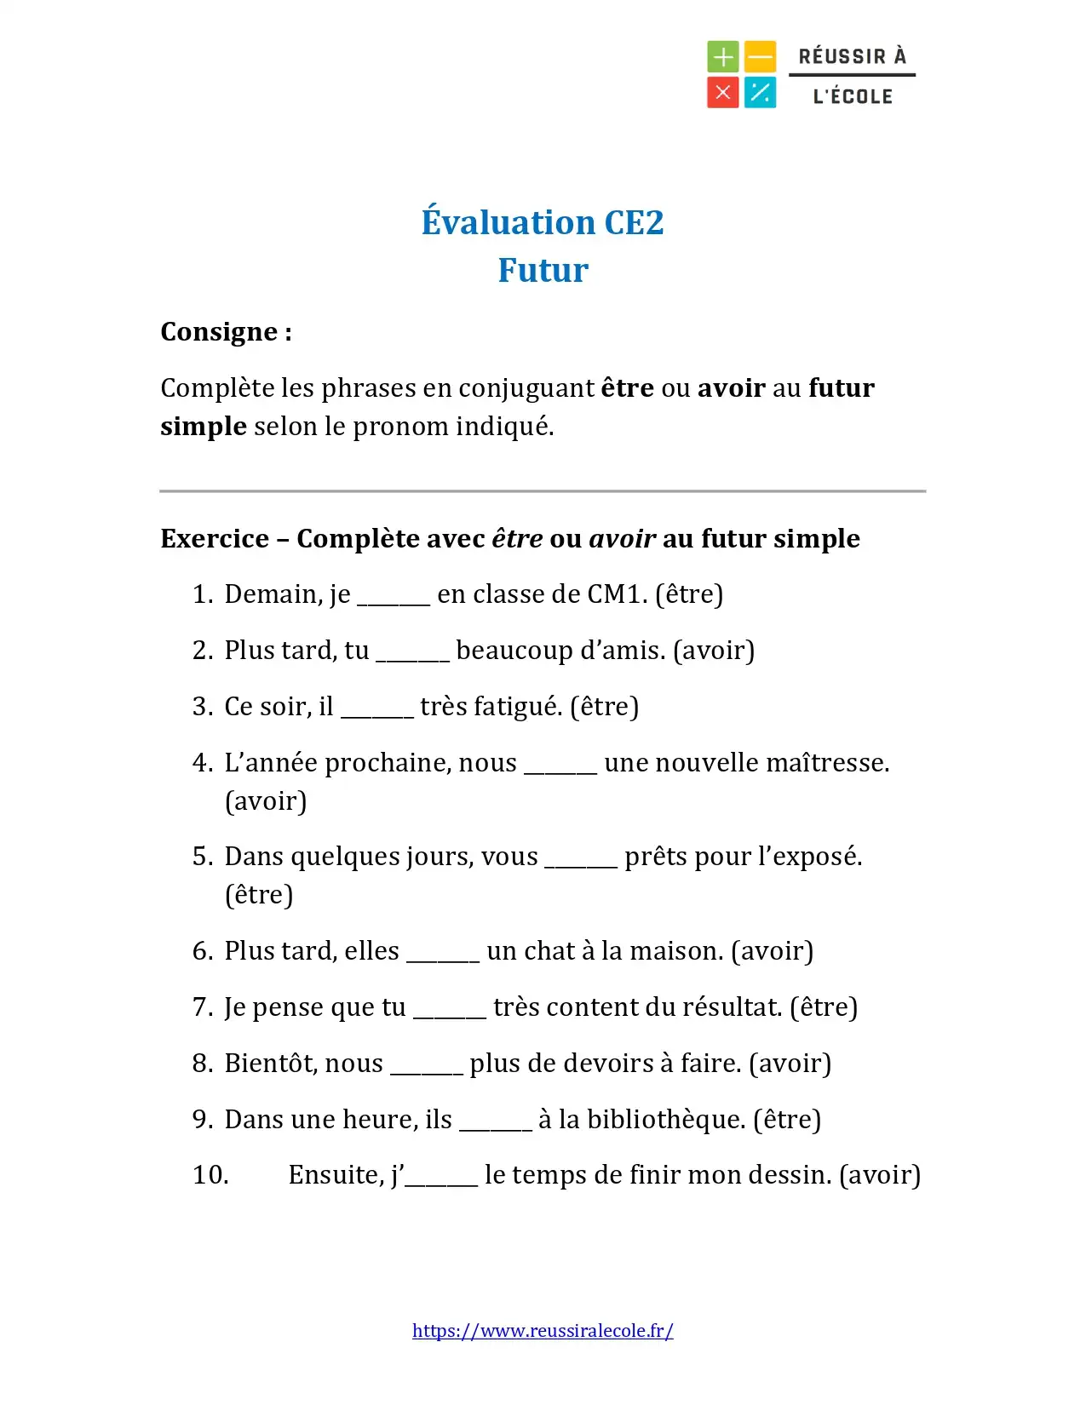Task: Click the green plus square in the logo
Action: [722, 57]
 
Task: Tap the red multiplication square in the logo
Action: [722, 92]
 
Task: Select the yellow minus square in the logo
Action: [760, 57]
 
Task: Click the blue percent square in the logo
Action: [760, 92]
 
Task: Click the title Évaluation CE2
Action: [543, 222]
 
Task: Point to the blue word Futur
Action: [543, 270]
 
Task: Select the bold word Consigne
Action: [219, 331]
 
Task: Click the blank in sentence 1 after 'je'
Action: [394, 596]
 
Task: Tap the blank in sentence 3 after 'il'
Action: [377, 708]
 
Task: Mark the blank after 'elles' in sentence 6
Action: [443, 953]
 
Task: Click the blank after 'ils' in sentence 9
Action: [496, 1121]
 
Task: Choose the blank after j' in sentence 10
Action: [441, 1177]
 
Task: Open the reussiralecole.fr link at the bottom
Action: [543, 1331]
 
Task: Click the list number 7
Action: [202, 1006]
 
